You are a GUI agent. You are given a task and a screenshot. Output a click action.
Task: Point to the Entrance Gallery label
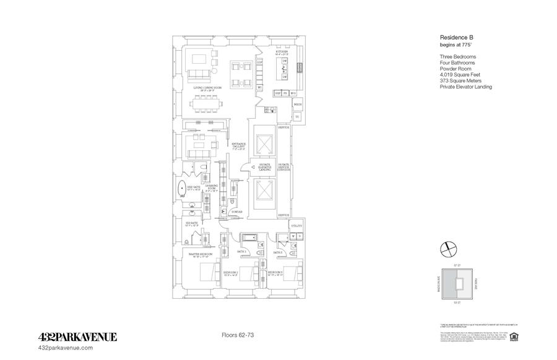[x=238, y=146]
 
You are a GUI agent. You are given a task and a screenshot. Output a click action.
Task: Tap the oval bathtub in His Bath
[x=184, y=189]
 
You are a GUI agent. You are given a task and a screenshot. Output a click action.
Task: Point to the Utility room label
[x=296, y=227]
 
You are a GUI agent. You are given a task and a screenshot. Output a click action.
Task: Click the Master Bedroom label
[x=201, y=254]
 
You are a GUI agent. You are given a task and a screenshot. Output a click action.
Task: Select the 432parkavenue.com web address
[x=66, y=348]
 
